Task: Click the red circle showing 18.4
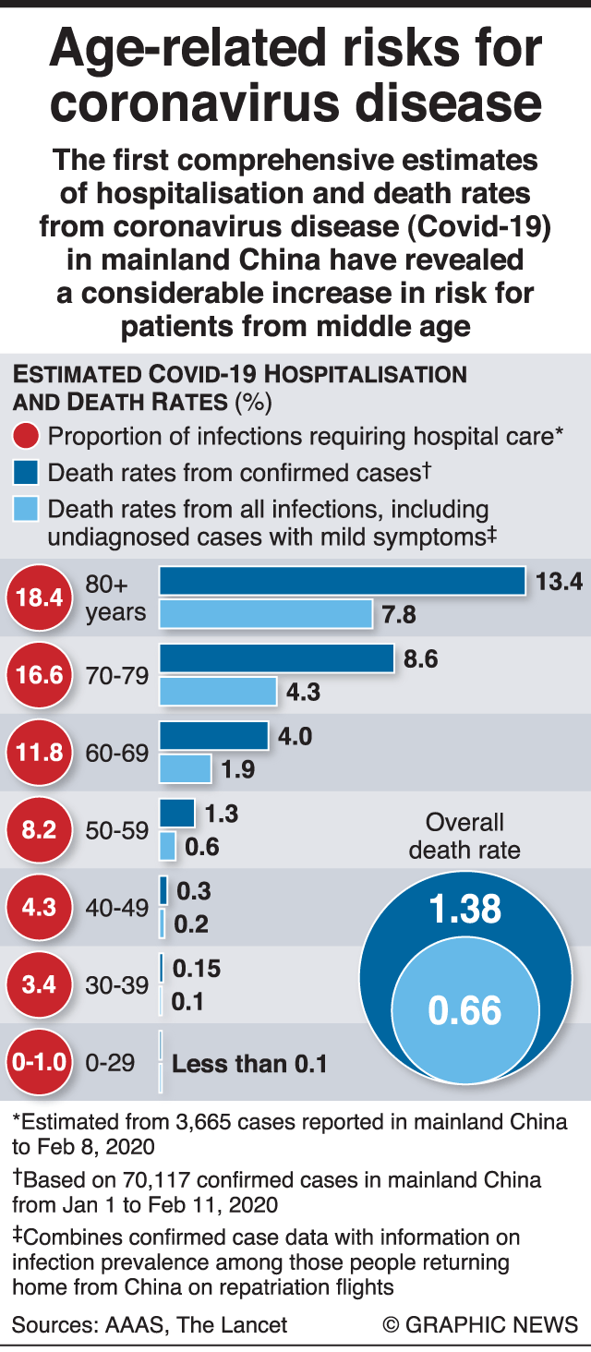click(x=38, y=598)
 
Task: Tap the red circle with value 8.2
click(x=38, y=829)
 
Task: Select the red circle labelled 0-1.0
click(x=38, y=1061)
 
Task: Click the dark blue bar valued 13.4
click(x=343, y=581)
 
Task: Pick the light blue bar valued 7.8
click(x=266, y=614)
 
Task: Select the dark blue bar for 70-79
click(x=277, y=658)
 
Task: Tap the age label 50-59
click(x=116, y=830)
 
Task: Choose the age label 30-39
click(x=116, y=984)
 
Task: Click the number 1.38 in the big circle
click(x=464, y=910)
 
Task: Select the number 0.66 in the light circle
click(x=464, y=1010)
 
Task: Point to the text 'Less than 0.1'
click(x=249, y=1063)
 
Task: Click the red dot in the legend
click(x=26, y=436)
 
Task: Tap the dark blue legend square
click(x=26, y=473)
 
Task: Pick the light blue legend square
click(x=26, y=508)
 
